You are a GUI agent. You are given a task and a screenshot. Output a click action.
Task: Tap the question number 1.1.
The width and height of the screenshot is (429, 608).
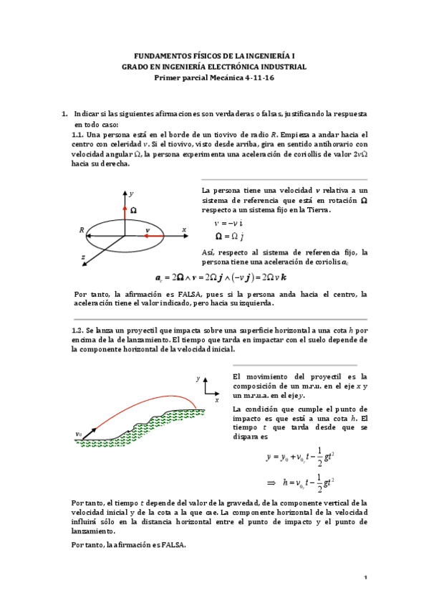tap(79, 134)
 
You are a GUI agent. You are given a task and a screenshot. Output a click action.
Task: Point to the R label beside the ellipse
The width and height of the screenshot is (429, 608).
tap(82, 230)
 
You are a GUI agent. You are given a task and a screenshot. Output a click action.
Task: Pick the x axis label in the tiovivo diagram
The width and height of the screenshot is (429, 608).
tap(183, 229)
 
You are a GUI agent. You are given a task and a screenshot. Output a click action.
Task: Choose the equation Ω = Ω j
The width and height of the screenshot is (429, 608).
tap(231, 236)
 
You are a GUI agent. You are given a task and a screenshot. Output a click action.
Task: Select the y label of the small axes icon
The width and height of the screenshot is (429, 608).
tap(198, 377)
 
